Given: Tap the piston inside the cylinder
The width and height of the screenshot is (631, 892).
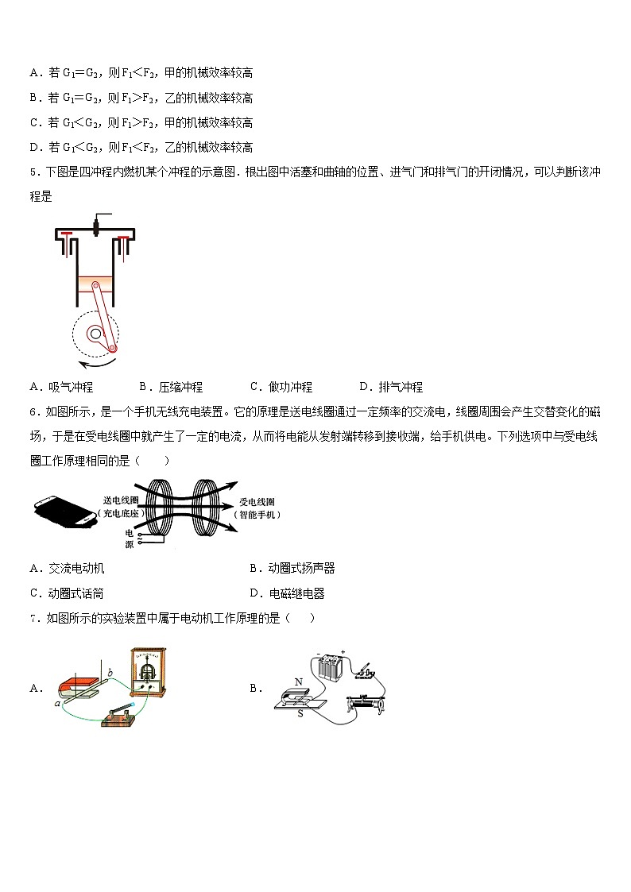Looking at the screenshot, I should (x=95, y=284).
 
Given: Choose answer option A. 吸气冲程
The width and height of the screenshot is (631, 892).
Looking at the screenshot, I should (x=61, y=387).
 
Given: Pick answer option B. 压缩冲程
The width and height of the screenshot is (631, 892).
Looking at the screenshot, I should (x=171, y=387).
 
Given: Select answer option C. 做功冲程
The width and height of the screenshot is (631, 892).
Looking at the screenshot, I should (x=281, y=387).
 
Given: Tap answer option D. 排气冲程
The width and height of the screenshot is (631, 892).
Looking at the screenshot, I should (x=390, y=387).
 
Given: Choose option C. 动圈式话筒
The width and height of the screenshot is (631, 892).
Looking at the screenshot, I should (x=67, y=593).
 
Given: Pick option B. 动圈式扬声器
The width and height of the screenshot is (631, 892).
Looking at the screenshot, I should (x=292, y=568).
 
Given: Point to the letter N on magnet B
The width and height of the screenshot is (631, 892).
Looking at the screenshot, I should (x=299, y=682).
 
